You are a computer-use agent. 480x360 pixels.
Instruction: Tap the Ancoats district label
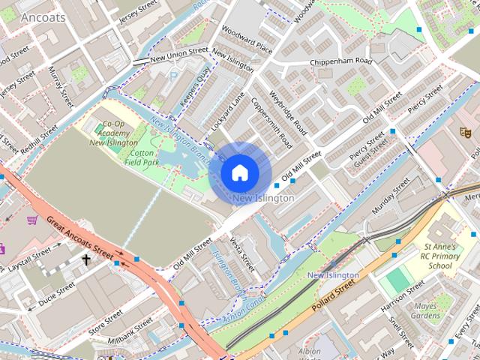coord(43,16)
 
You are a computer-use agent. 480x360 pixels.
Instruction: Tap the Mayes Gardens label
coord(426,310)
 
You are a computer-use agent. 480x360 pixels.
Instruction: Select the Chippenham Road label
coord(341,61)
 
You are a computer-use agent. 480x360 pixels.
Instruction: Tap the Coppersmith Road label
coord(271,123)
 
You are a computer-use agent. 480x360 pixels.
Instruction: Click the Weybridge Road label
coord(290,111)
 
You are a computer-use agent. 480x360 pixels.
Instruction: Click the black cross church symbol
coord(86,260)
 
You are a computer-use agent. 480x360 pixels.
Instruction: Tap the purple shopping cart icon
coord(32,220)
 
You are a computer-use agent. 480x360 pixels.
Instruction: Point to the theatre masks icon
coord(465,132)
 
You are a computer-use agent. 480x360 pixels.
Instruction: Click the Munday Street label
coord(391,194)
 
